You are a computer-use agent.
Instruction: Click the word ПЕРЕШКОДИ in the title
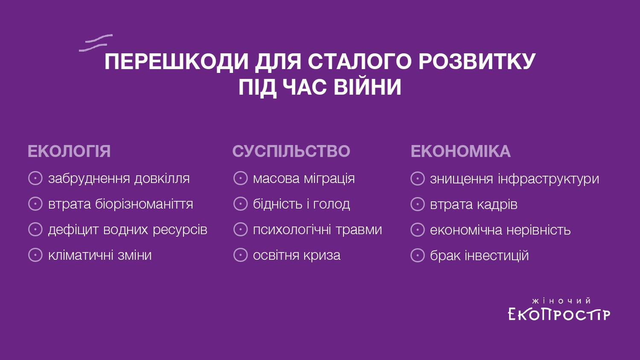coord(176,62)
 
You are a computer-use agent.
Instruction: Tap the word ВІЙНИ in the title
coord(367,87)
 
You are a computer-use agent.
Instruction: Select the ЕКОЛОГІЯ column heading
coord(69,151)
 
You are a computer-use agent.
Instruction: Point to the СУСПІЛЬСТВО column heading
coord(291,151)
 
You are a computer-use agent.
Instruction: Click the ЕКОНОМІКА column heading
coord(460,151)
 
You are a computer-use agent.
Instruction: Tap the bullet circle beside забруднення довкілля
coord(35,178)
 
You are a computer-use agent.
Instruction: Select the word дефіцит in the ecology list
coord(73,230)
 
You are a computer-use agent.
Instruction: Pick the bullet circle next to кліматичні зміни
coord(35,255)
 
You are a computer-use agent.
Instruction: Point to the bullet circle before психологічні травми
coord(241,229)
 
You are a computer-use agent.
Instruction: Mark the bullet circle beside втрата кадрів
coord(418,204)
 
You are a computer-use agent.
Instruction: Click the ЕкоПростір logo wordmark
coord(559,314)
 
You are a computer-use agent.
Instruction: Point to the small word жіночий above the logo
coord(561,301)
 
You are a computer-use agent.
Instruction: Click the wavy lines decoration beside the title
coord(96,43)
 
